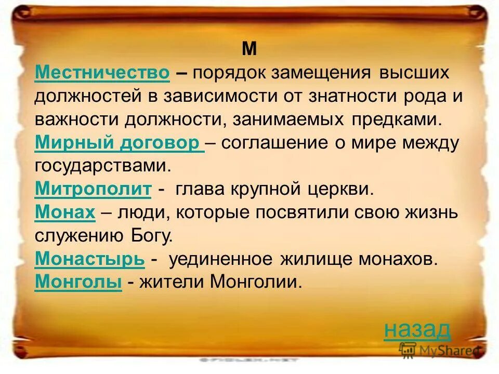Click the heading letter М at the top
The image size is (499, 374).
click(249, 49)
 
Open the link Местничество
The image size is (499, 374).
click(102, 73)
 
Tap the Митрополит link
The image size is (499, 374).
click(93, 190)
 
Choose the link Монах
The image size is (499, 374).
click(65, 212)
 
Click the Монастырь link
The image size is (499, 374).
click(89, 259)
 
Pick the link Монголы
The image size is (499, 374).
click(78, 282)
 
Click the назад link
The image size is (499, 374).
click(417, 329)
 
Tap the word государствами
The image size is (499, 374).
click(102, 166)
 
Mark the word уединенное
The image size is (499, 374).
click(221, 259)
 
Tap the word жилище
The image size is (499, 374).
click(315, 259)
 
